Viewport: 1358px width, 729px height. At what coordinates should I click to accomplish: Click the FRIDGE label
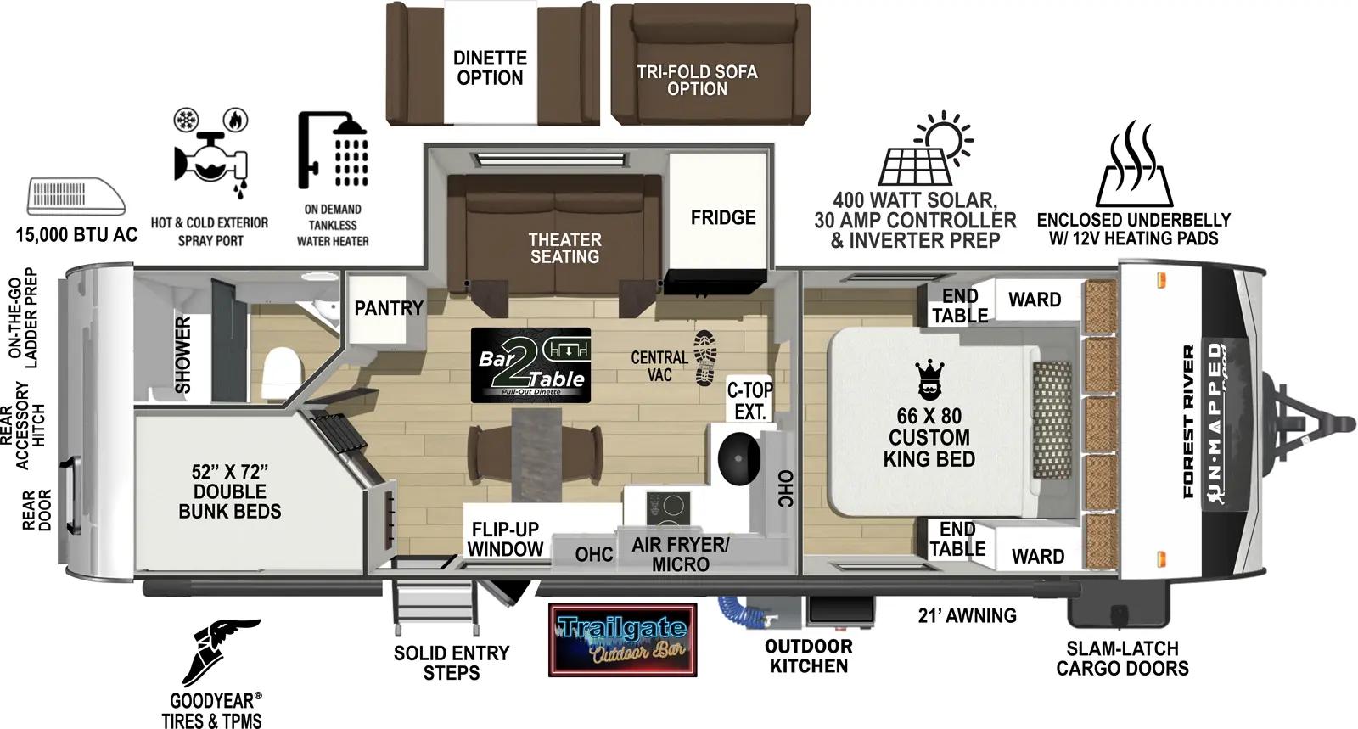[722, 218]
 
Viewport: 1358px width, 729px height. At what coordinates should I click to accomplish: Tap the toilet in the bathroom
[281, 374]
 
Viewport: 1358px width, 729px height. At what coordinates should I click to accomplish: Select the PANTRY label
[388, 308]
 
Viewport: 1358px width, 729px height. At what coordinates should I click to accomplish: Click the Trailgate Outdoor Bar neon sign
[622, 640]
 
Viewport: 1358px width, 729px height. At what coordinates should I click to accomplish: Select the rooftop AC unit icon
[76, 197]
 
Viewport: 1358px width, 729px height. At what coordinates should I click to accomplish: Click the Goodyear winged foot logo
[222, 652]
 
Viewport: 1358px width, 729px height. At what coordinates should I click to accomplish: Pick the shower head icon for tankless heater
[334, 150]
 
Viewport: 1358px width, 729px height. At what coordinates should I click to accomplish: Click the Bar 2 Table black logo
[530, 365]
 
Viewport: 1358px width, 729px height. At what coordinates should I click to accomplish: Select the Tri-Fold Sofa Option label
[697, 80]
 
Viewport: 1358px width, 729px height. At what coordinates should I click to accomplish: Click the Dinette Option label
[490, 68]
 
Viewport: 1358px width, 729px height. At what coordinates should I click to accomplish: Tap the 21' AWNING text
[967, 615]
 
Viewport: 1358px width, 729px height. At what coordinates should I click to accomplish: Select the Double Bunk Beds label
[230, 491]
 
